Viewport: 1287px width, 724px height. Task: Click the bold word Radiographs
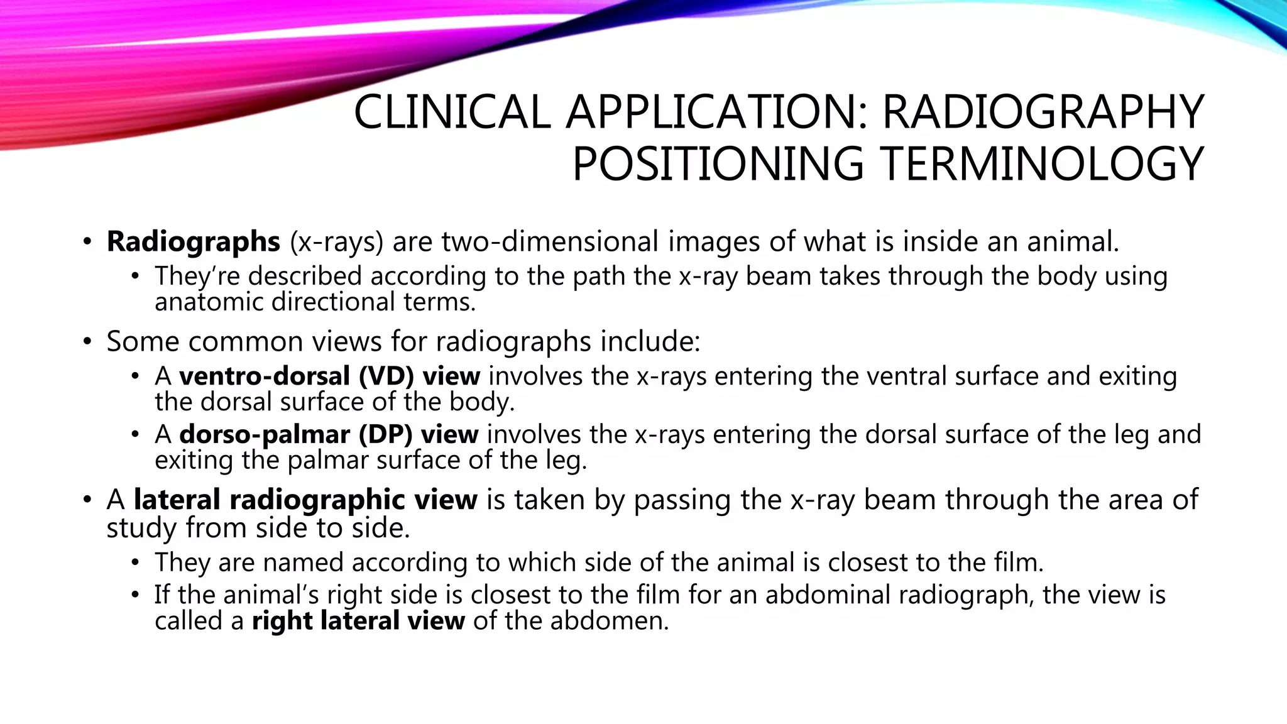[x=193, y=241]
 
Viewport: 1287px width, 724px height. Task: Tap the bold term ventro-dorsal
[x=265, y=376]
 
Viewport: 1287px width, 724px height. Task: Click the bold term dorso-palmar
[x=264, y=434]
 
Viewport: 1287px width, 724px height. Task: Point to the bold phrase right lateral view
[x=358, y=621]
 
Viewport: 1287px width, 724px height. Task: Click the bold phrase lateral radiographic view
[x=305, y=500]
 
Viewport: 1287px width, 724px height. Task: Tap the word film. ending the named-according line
[x=1019, y=562]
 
